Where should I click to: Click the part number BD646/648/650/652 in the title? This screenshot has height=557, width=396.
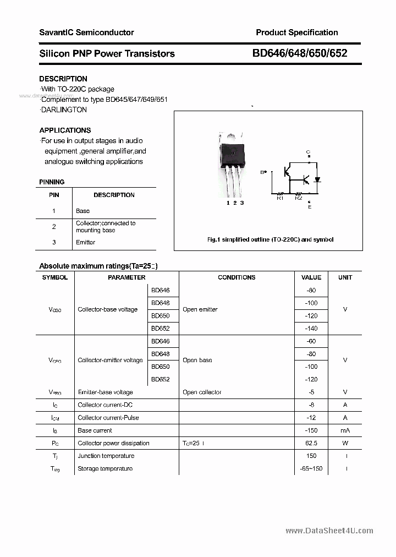[300, 53]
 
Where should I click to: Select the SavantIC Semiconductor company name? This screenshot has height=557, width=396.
[86, 32]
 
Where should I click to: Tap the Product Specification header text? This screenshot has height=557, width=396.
[296, 32]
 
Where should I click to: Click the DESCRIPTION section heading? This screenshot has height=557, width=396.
[63, 79]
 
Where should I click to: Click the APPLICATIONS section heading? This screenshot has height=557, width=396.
[65, 130]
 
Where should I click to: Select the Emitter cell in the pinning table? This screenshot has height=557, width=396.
[85, 242]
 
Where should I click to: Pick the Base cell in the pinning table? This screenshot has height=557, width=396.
[82, 211]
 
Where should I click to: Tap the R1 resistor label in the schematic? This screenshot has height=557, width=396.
[280, 199]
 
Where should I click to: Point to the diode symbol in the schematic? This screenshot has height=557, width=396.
[317, 179]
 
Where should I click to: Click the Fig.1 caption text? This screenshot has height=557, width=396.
[270, 239]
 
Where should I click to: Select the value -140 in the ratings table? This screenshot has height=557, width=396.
[312, 329]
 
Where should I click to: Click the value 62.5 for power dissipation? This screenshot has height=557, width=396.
[312, 443]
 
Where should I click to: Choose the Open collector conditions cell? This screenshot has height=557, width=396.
[202, 392]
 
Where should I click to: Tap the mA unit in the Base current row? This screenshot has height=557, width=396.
[345, 430]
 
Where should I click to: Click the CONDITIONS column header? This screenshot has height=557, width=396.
[237, 277]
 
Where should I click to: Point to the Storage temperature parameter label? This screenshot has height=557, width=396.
[105, 468]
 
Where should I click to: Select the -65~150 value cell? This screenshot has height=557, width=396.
[312, 468]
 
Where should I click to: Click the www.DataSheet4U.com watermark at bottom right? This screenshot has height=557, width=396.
[329, 531]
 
